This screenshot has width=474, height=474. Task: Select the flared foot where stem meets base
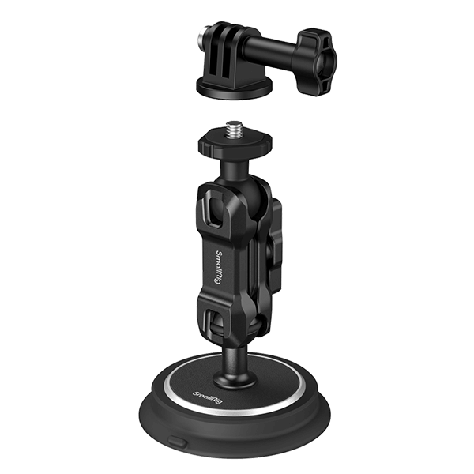pos(235,377)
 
